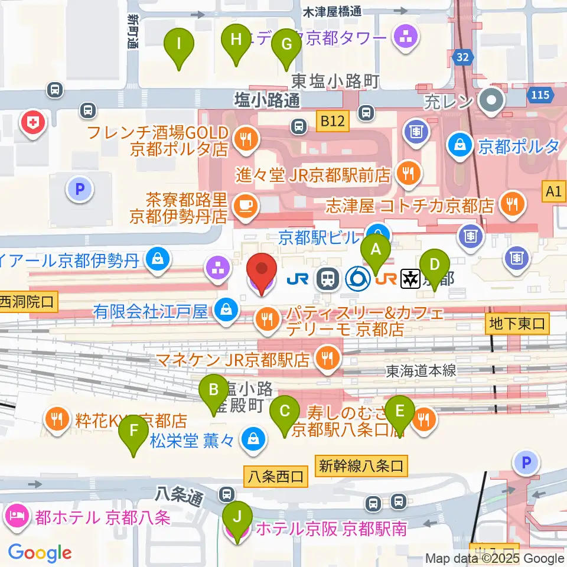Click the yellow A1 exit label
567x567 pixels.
click(x=553, y=191)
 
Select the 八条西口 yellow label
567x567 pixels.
click(x=276, y=475)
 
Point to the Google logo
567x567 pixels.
click(x=40, y=553)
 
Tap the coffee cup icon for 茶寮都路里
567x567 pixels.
click(x=244, y=206)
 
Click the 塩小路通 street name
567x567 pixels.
click(x=267, y=100)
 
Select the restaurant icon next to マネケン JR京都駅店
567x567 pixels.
click(x=325, y=357)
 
